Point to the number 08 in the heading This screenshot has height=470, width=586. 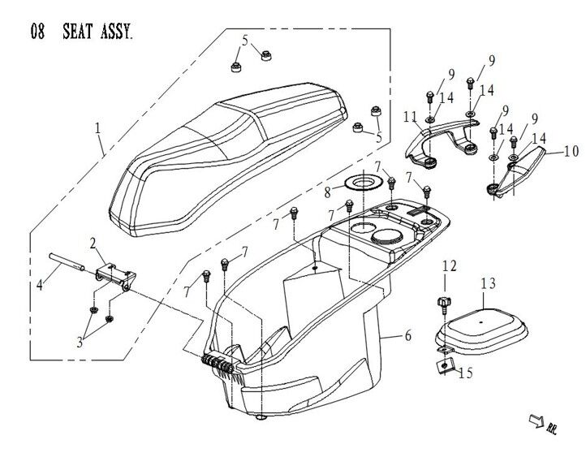point(37,32)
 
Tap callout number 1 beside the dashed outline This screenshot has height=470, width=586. point(97,128)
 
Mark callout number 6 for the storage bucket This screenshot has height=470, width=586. point(405,335)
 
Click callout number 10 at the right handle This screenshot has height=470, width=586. point(571,150)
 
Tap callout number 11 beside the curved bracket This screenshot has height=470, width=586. point(410,118)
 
